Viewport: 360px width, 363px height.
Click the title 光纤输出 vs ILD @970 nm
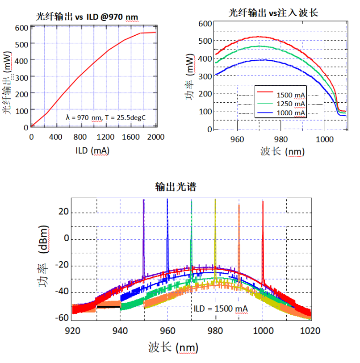87,17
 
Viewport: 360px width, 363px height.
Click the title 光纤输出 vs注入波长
273,13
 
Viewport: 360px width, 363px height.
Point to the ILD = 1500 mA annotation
221,309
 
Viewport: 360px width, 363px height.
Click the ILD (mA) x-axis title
92,151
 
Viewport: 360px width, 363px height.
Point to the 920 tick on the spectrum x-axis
73,331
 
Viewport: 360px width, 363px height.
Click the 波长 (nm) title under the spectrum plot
173,347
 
